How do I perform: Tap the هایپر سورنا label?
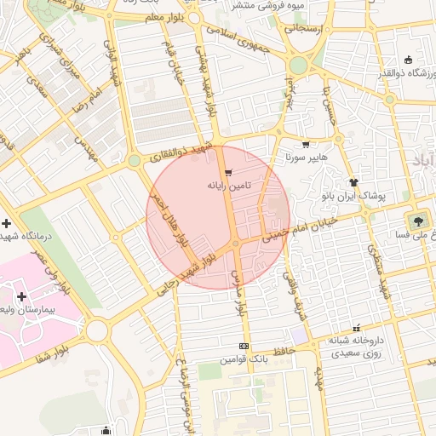(x=301, y=158)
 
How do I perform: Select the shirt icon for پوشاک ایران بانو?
(x=353, y=182)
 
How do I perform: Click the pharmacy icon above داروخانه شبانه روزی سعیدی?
(x=356, y=327)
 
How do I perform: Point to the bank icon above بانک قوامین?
(x=244, y=347)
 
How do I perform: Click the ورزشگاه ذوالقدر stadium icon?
(x=408, y=60)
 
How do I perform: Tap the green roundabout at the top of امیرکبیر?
(x=297, y=66)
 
